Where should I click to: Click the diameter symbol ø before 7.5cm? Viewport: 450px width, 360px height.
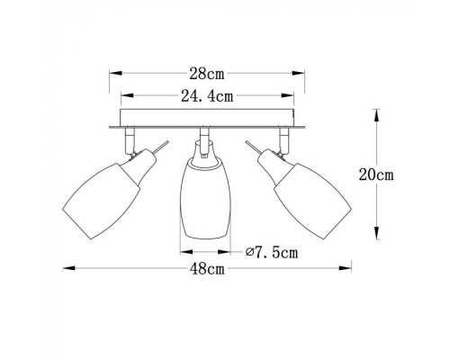point(247,253)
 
